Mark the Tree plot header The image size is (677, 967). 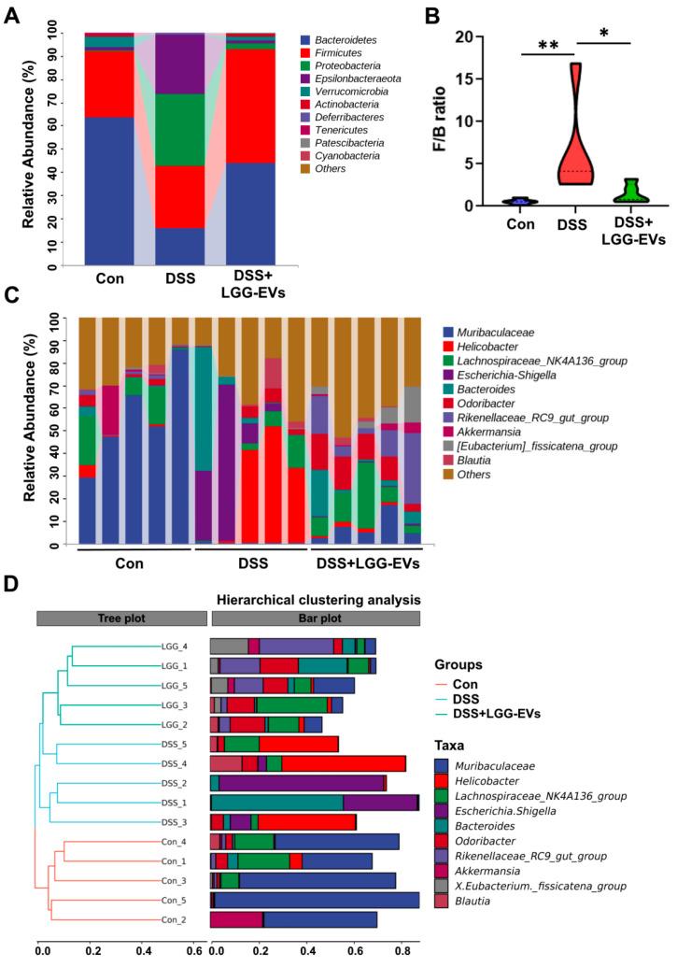pos(120,619)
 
